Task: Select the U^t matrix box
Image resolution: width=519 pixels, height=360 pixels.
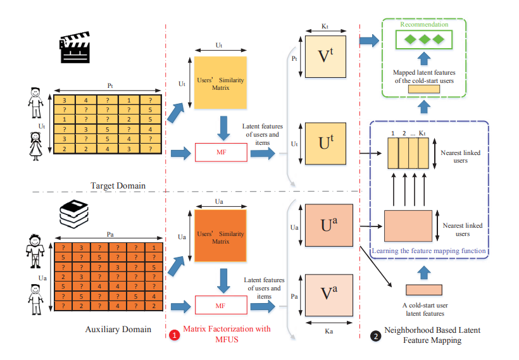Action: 325,145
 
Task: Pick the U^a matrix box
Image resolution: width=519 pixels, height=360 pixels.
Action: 328,224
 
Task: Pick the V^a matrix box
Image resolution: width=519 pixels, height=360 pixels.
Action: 328,295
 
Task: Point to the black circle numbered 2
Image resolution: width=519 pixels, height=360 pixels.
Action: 377,335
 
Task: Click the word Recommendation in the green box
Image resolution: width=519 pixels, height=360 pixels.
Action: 423,25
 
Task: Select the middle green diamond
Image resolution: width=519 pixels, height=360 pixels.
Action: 423,39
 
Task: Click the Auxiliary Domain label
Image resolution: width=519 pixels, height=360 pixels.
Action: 118,330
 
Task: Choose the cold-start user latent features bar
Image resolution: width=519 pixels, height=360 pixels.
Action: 424,290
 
